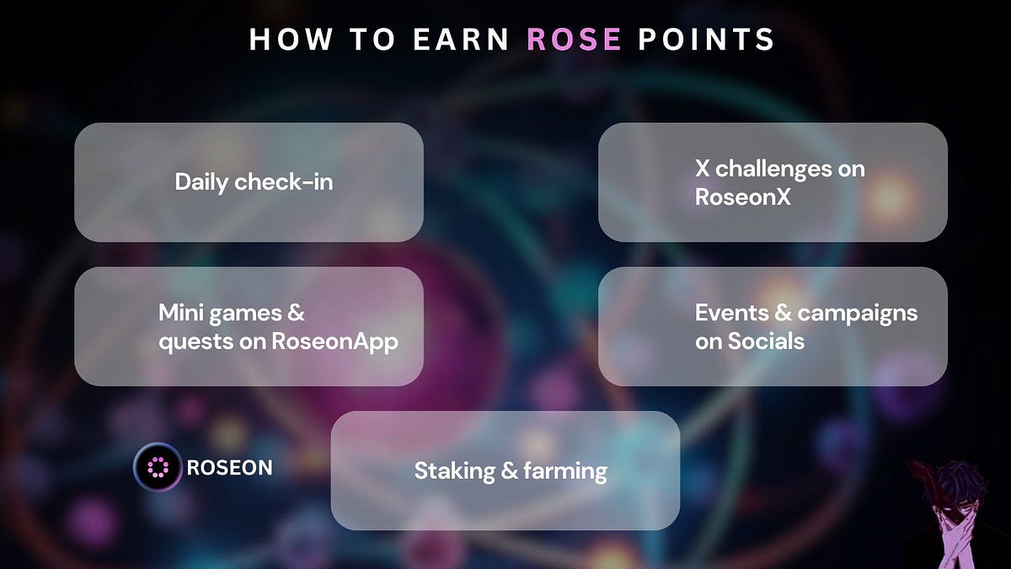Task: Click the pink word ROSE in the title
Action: pyautogui.click(x=574, y=40)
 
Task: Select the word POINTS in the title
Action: pyautogui.click(x=707, y=40)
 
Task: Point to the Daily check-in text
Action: pyautogui.click(x=254, y=181)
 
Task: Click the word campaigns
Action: pyautogui.click(x=857, y=313)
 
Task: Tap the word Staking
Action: pyautogui.click(x=455, y=470)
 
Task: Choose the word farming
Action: pyautogui.click(x=565, y=470)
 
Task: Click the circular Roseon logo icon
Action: pyautogui.click(x=158, y=467)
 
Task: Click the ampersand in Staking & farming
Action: pyautogui.click(x=509, y=470)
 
